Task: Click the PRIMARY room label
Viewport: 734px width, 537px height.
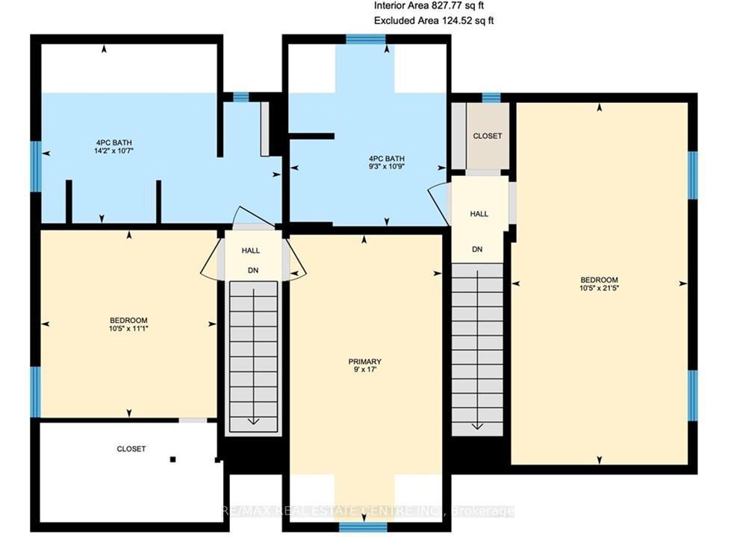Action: [x=364, y=362]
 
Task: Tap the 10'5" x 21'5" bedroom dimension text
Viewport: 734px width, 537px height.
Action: [x=599, y=288]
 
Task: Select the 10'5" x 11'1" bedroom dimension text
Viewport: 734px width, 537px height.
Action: [x=128, y=328]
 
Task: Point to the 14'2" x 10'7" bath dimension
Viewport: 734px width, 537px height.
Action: [x=113, y=151]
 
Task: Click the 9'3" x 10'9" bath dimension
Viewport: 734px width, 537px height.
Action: [x=386, y=166]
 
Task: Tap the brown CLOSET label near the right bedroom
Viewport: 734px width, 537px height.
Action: [x=488, y=136]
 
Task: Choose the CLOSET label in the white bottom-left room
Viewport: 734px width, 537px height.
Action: [x=131, y=448]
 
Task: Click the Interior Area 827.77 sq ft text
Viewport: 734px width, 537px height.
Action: [x=429, y=6]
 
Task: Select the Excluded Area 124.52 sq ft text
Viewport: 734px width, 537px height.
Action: [x=434, y=21]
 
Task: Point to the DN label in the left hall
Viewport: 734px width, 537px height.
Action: [x=253, y=271]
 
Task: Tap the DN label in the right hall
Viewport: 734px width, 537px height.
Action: [x=477, y=249]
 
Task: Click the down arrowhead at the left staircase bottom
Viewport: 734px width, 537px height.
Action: [x=253, y=421]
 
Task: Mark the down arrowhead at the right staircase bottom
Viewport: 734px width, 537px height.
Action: [x=477, y=426]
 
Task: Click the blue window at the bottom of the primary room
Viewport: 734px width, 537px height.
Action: [x=363, y=527]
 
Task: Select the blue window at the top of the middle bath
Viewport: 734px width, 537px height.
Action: [x=366, y=39]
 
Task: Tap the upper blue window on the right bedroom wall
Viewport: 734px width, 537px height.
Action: [x=693, y=175]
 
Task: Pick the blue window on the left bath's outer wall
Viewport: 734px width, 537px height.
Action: [x=36, y=166]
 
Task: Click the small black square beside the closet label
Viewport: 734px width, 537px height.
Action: [x=172, y=459]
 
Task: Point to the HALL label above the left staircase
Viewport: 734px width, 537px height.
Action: [x=250, y=251]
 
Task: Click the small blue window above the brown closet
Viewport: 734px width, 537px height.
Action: [x=491, y=98]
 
